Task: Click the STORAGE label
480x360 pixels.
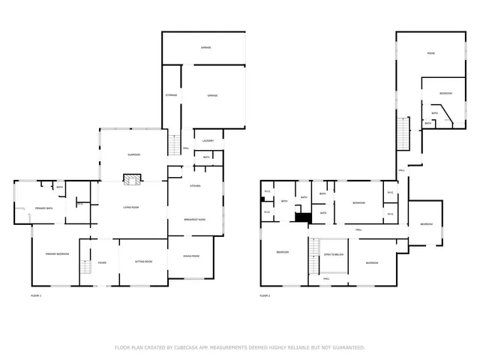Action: click(x=171, y=95)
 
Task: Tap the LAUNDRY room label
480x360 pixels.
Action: click(x=208, y=141)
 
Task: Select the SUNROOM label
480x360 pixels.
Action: click(x=133, y=154)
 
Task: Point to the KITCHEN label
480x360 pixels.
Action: click(x=194, y=185)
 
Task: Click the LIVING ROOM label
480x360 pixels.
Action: click(x=132, y=207)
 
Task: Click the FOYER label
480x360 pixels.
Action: click(x=102, y=262)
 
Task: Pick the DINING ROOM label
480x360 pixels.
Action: click(x=191, y=256)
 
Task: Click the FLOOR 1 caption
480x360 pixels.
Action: click(x=36, y=296)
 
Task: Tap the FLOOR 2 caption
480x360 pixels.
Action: click(x=265, y=296)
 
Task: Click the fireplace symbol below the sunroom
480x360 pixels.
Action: click(x=132, y=180)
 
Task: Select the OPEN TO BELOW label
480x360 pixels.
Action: click(x=334, y=255)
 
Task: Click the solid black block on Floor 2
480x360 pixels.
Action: click(x=303, y=217)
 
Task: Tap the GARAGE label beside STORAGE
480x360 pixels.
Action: click(x=212, y=95)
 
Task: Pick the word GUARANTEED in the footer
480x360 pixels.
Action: click(x=348, y=347)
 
